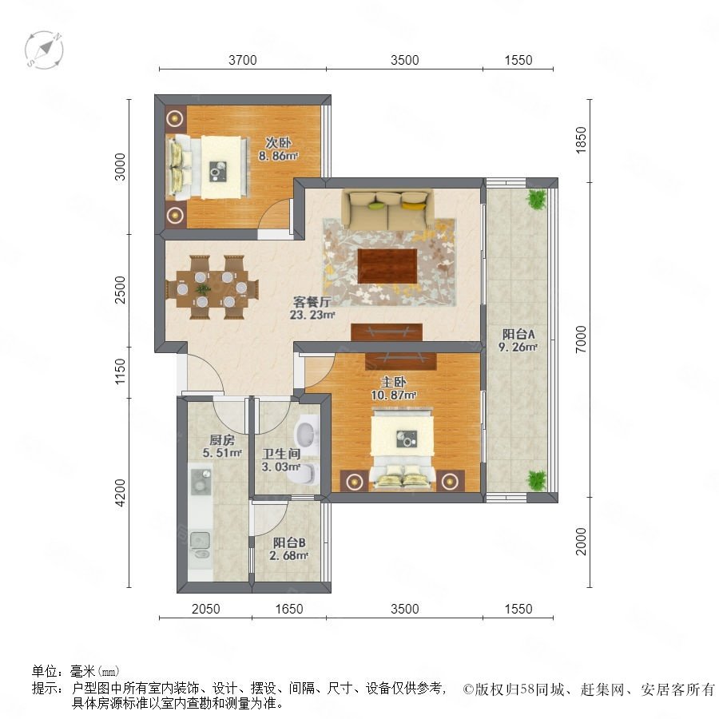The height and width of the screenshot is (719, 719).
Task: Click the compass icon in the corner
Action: pyautogui.click(x=44, y=50)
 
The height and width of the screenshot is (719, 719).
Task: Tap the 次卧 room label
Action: pyautogui.click(x=278, y=143)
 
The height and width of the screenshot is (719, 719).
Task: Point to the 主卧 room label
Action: pyautogui.click(x=393, y=382)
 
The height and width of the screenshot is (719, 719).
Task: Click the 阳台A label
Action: pyautogui.click(x=518, y=334)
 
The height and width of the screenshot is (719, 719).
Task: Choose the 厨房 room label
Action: pyautogui.click(x=222, y=440)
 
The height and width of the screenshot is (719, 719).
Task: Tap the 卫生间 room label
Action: pyautogui.click(x=281, y=454)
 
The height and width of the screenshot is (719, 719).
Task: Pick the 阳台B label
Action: pyautogui.click(x=289, y=543)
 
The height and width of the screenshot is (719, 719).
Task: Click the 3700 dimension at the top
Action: pyautogui.click(x=243, y=60)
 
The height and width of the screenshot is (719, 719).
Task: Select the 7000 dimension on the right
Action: pyautogui.click(x=581, y=340)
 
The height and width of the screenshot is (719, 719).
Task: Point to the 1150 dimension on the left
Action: pyautogui.click(x=120, y=371)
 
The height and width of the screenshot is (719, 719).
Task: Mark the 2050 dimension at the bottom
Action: pyautogui.click(x=205, y=609)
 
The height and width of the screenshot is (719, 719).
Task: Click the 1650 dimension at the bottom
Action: pyautogui.click(x=289, y=609)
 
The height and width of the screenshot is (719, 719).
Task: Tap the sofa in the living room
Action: pyautogui.click(x=388, y=209)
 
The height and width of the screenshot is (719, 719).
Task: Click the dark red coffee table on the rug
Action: pyautogui.click(x=387, y=266)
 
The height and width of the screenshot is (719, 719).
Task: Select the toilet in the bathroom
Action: pyautogui.click(x=306, y=473)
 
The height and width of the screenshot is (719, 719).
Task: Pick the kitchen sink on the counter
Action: pyautogui.click(x=200, y=544)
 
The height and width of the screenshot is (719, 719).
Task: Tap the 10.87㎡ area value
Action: pyautogui.click(x=393, y=395)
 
